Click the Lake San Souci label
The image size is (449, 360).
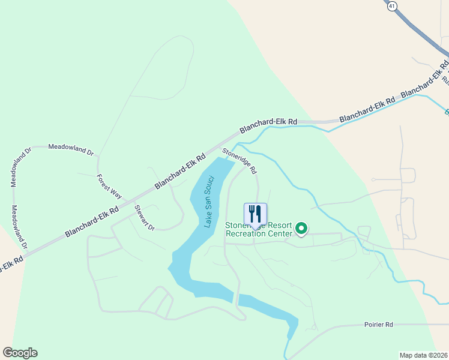click(209, 202)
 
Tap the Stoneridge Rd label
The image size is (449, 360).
click(239, 161)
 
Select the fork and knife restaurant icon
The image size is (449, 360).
click(255, 214)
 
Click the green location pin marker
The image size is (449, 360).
click(301, 229)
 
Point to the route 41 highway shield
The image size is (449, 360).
click(392, 5)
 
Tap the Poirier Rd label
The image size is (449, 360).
click(378, 324)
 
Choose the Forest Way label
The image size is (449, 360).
click(109, 186)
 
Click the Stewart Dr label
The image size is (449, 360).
click(144, 218)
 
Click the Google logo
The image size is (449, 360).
click(20, 353)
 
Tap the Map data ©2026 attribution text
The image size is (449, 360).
click(423, 355)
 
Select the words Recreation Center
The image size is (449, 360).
click(259, 233)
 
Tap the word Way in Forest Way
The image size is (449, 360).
click(115, 192)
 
